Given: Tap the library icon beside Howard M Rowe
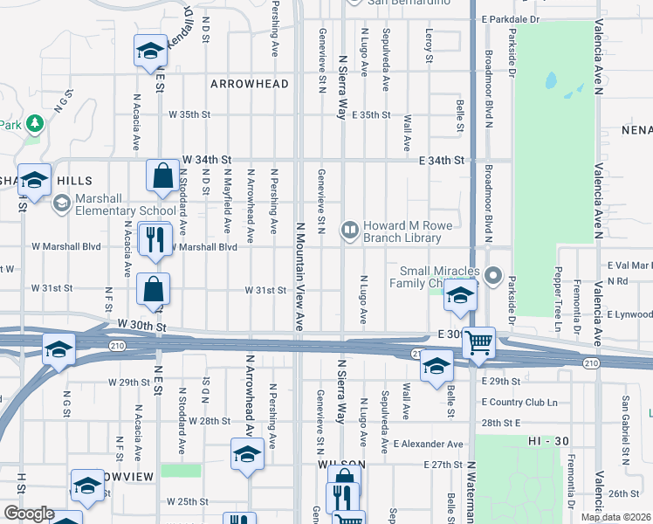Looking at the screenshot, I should tap(350, 230).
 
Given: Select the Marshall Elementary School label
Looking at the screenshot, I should tap(125, 204).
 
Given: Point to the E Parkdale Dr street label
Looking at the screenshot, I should tap(511, 19).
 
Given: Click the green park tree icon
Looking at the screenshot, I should tap(34, 123).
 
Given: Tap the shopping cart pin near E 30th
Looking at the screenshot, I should tap(478, 342).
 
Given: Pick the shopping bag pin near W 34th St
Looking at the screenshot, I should tap(162, 177).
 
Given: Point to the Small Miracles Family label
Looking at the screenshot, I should tap(441, 276).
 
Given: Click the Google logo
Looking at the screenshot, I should tap(28, 514).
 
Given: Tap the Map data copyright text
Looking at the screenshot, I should tap(616, 517).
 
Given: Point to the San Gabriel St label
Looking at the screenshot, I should tap(625, 419).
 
